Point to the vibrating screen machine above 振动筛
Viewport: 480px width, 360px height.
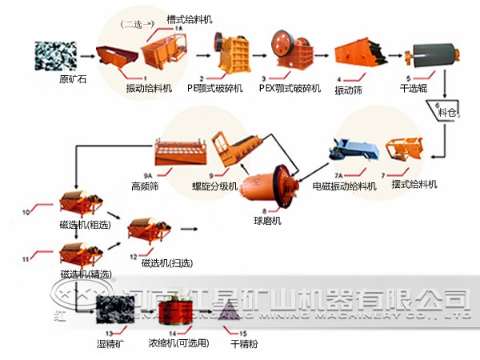[356, 53]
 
